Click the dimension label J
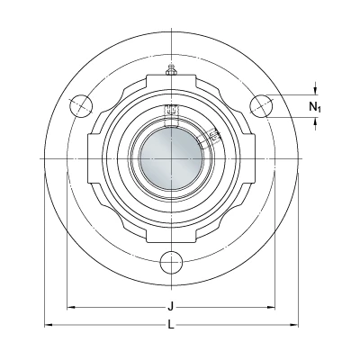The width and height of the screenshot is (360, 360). point(171,307)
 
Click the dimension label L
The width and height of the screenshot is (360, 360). point(171,324)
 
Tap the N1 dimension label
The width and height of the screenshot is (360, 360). point(315,106)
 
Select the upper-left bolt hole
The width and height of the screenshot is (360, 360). point(81,106)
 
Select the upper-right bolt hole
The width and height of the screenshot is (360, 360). point(261,106)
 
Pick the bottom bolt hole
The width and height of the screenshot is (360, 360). point(171,263)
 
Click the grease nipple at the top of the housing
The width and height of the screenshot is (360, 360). point(171,69)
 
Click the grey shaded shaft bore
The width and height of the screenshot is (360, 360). point(171,158)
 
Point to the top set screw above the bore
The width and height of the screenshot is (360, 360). point(171,110)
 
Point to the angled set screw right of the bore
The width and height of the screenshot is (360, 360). point(214,134)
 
